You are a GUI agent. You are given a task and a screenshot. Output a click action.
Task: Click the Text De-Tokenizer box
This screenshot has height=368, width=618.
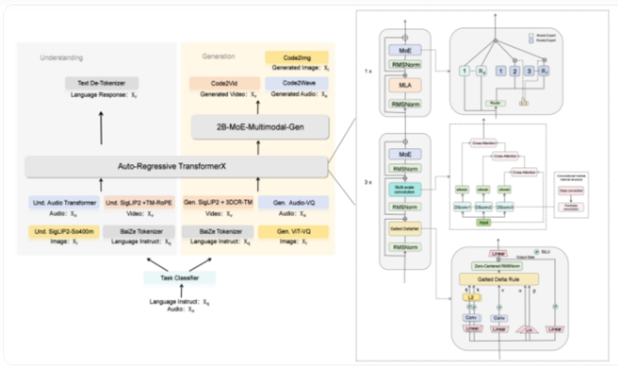click(x=102, y=83)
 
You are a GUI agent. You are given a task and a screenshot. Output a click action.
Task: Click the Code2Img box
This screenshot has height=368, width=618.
click(x=297, y=58)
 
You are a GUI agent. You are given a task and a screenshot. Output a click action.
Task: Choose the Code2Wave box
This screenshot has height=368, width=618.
click(x=297, y=84)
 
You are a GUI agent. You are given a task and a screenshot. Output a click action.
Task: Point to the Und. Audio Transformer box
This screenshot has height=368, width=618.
click(x=64, y=202)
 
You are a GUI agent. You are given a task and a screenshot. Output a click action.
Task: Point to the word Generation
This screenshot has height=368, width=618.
click(x=219, y=56)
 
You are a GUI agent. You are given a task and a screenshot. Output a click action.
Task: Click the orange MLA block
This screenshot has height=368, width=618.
click(x=404, y=86)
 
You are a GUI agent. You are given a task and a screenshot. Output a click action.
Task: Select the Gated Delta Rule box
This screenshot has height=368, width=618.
click(x=498, y=279)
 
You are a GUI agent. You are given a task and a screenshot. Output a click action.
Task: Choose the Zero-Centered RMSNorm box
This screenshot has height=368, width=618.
click(x=498, y=266)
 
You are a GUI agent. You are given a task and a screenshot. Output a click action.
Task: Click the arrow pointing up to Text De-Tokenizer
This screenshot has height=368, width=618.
click(x=102, y=127)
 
